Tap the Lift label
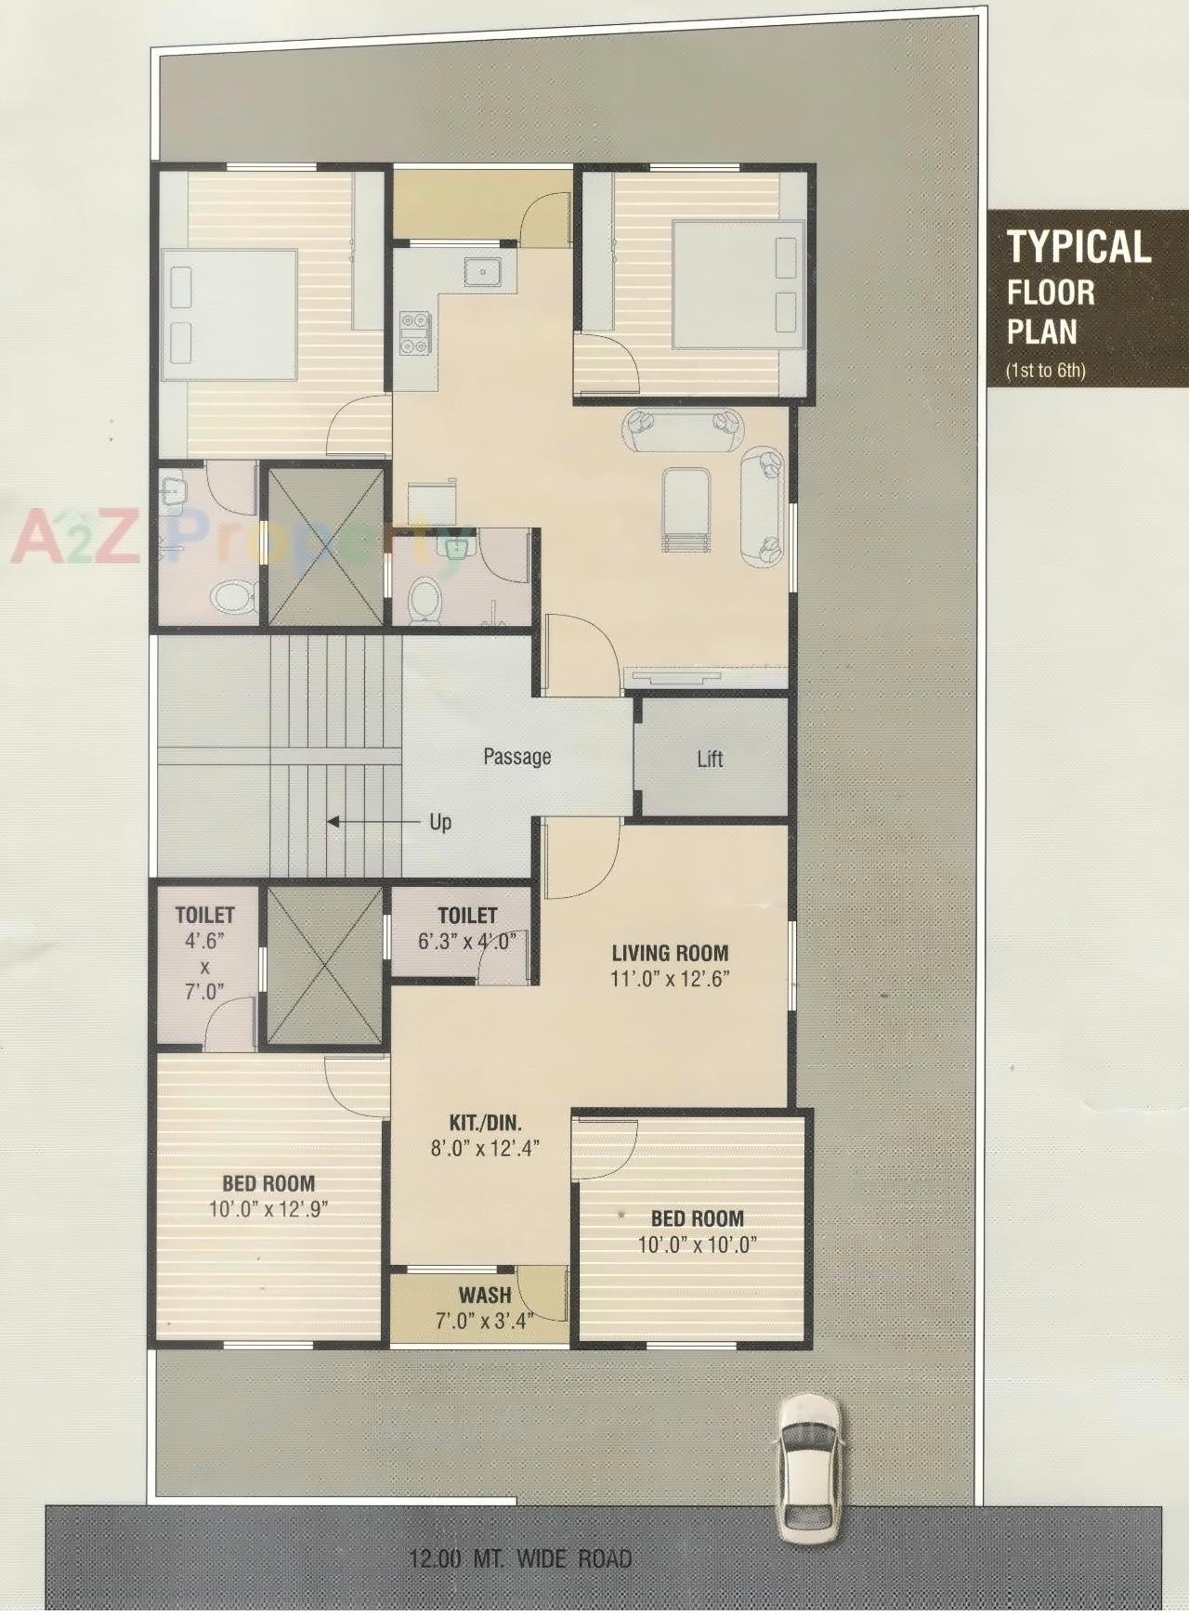[710, 759]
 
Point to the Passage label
[516, 757]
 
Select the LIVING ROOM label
[670, 953]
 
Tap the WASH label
[484, 1295]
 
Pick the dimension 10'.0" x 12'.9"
[268, 1208]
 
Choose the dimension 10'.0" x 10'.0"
[697, 1244]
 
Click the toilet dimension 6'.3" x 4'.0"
[467, 940]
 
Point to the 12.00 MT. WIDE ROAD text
[520, 1558]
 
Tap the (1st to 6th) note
[1045, 371]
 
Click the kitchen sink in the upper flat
[483, 271]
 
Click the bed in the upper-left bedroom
[229, 315]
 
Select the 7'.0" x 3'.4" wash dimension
[482, 1320]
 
